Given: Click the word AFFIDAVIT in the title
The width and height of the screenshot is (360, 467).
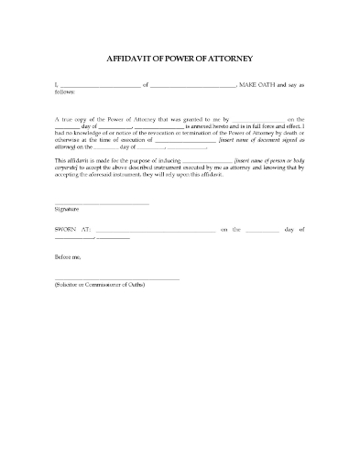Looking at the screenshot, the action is click(135, 56).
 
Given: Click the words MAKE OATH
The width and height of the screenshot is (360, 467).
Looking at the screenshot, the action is click(261, 84).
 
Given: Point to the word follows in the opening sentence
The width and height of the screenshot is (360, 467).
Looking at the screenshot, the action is click(65, 92).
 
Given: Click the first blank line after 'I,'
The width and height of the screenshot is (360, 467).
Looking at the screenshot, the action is click(100, 85).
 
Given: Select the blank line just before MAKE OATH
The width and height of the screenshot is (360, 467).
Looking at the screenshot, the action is click(192, 85).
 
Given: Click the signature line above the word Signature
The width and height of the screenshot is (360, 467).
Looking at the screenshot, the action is click(101, 202).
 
